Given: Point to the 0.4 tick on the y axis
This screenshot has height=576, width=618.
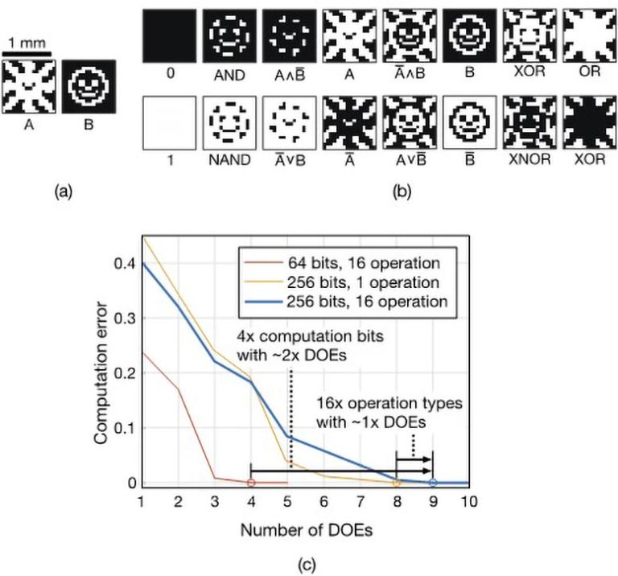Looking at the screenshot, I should coord(126,264).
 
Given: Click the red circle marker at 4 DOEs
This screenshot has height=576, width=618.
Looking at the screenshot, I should coord(251,483).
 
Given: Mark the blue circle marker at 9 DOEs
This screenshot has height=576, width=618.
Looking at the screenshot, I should coord(433,483).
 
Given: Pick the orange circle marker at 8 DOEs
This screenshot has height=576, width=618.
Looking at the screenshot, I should coord(397,483).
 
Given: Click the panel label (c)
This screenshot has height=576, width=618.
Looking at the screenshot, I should coord(306,564).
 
